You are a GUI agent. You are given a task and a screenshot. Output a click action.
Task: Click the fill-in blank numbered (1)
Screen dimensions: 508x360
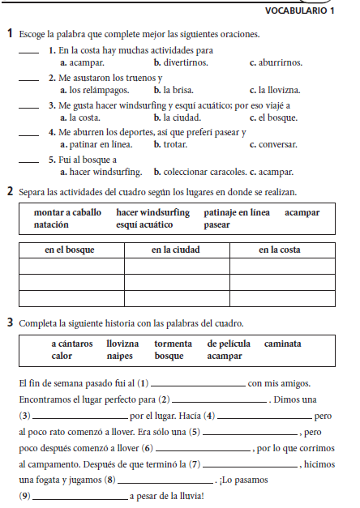point(198,385)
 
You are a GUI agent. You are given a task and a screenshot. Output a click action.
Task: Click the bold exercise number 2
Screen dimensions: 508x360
point(9,192)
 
